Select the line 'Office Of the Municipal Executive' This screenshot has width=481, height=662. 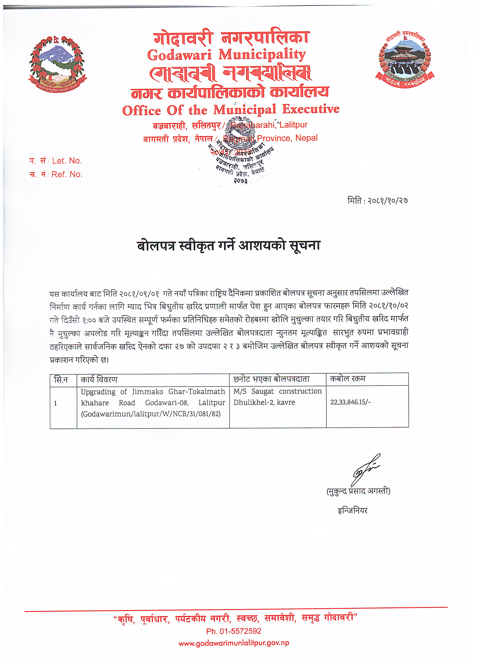[231, 110]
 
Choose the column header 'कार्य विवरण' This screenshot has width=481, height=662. [99, 380]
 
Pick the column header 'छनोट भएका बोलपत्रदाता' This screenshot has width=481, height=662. [271, 379]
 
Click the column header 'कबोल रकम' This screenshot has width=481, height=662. [348, 379]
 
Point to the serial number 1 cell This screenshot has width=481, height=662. [55, 404]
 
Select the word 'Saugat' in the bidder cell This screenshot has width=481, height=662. [263, 391]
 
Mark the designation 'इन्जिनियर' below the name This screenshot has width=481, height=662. [353, 511]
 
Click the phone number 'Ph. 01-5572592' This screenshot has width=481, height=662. [234, 631]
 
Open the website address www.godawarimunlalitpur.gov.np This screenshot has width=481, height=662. [234, 643]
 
